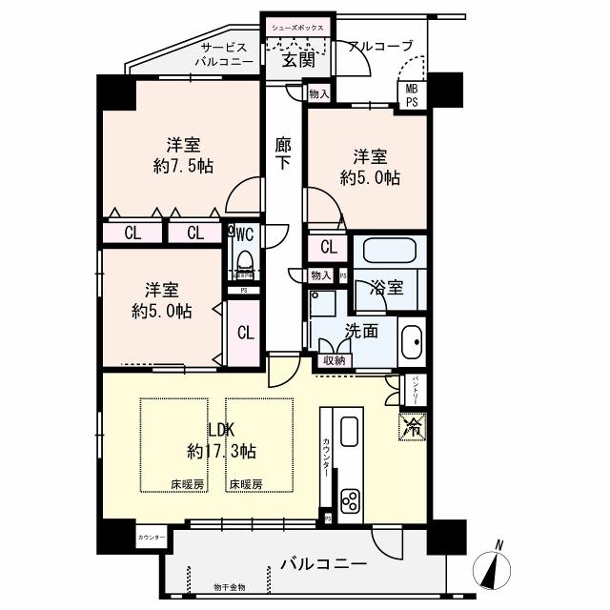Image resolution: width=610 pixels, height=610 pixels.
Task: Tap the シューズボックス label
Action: [298, 28]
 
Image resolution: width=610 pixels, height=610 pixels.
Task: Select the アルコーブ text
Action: [380, 46]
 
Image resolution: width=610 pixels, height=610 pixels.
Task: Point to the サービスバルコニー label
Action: [224, 53]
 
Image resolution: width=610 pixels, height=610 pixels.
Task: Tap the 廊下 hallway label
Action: [283, 155]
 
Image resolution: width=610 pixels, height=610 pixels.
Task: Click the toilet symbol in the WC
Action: [243, 260]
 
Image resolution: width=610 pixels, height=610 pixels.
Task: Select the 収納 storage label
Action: [334, 360]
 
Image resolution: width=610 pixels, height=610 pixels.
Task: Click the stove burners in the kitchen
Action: [349, 501]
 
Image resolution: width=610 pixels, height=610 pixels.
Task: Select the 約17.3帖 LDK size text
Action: [221, 450]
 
